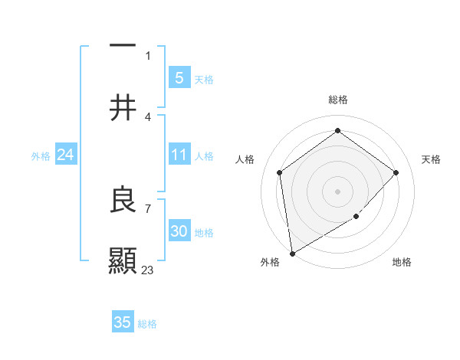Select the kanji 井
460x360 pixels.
pyautogui.click(x=123, y=108)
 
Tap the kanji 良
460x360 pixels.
pyautogui.click(x=123, y=199)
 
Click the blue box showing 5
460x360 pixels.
pyautogui.click(x=179, y=77)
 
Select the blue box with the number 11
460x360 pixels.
pyautogui.click(x=179, y=155)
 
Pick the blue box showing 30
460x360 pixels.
pyautogui.click(x=179, y=231)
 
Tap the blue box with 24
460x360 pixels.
pyautogui.click(x=65, y=155)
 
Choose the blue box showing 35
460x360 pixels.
pyautogui.click(x=123, y=322)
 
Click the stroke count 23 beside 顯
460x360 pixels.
pyautogui.click(x=148, y=270)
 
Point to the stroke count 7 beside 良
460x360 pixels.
pyautogui.click(x=147, y=208)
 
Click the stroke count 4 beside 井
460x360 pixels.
pyautogui.click(x=147, y=116)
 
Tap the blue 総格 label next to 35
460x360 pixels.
pyautogui.click(x=147, y=324)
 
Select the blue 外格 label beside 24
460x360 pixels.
pyautogui.click(x=41, y=156)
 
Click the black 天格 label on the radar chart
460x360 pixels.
pyautogui.click(x=432, y=159)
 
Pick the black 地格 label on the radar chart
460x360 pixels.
pyautogui.click(x=402, y=263)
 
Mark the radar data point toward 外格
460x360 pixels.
pyautogui.click(x=291, y=253)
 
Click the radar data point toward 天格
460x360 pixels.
pyautogui.click(x=396, y=172)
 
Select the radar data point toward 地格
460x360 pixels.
pyautogui.click(x=356, y=217)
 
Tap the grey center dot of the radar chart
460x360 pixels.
pyautogui.click(x=337, y=191)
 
